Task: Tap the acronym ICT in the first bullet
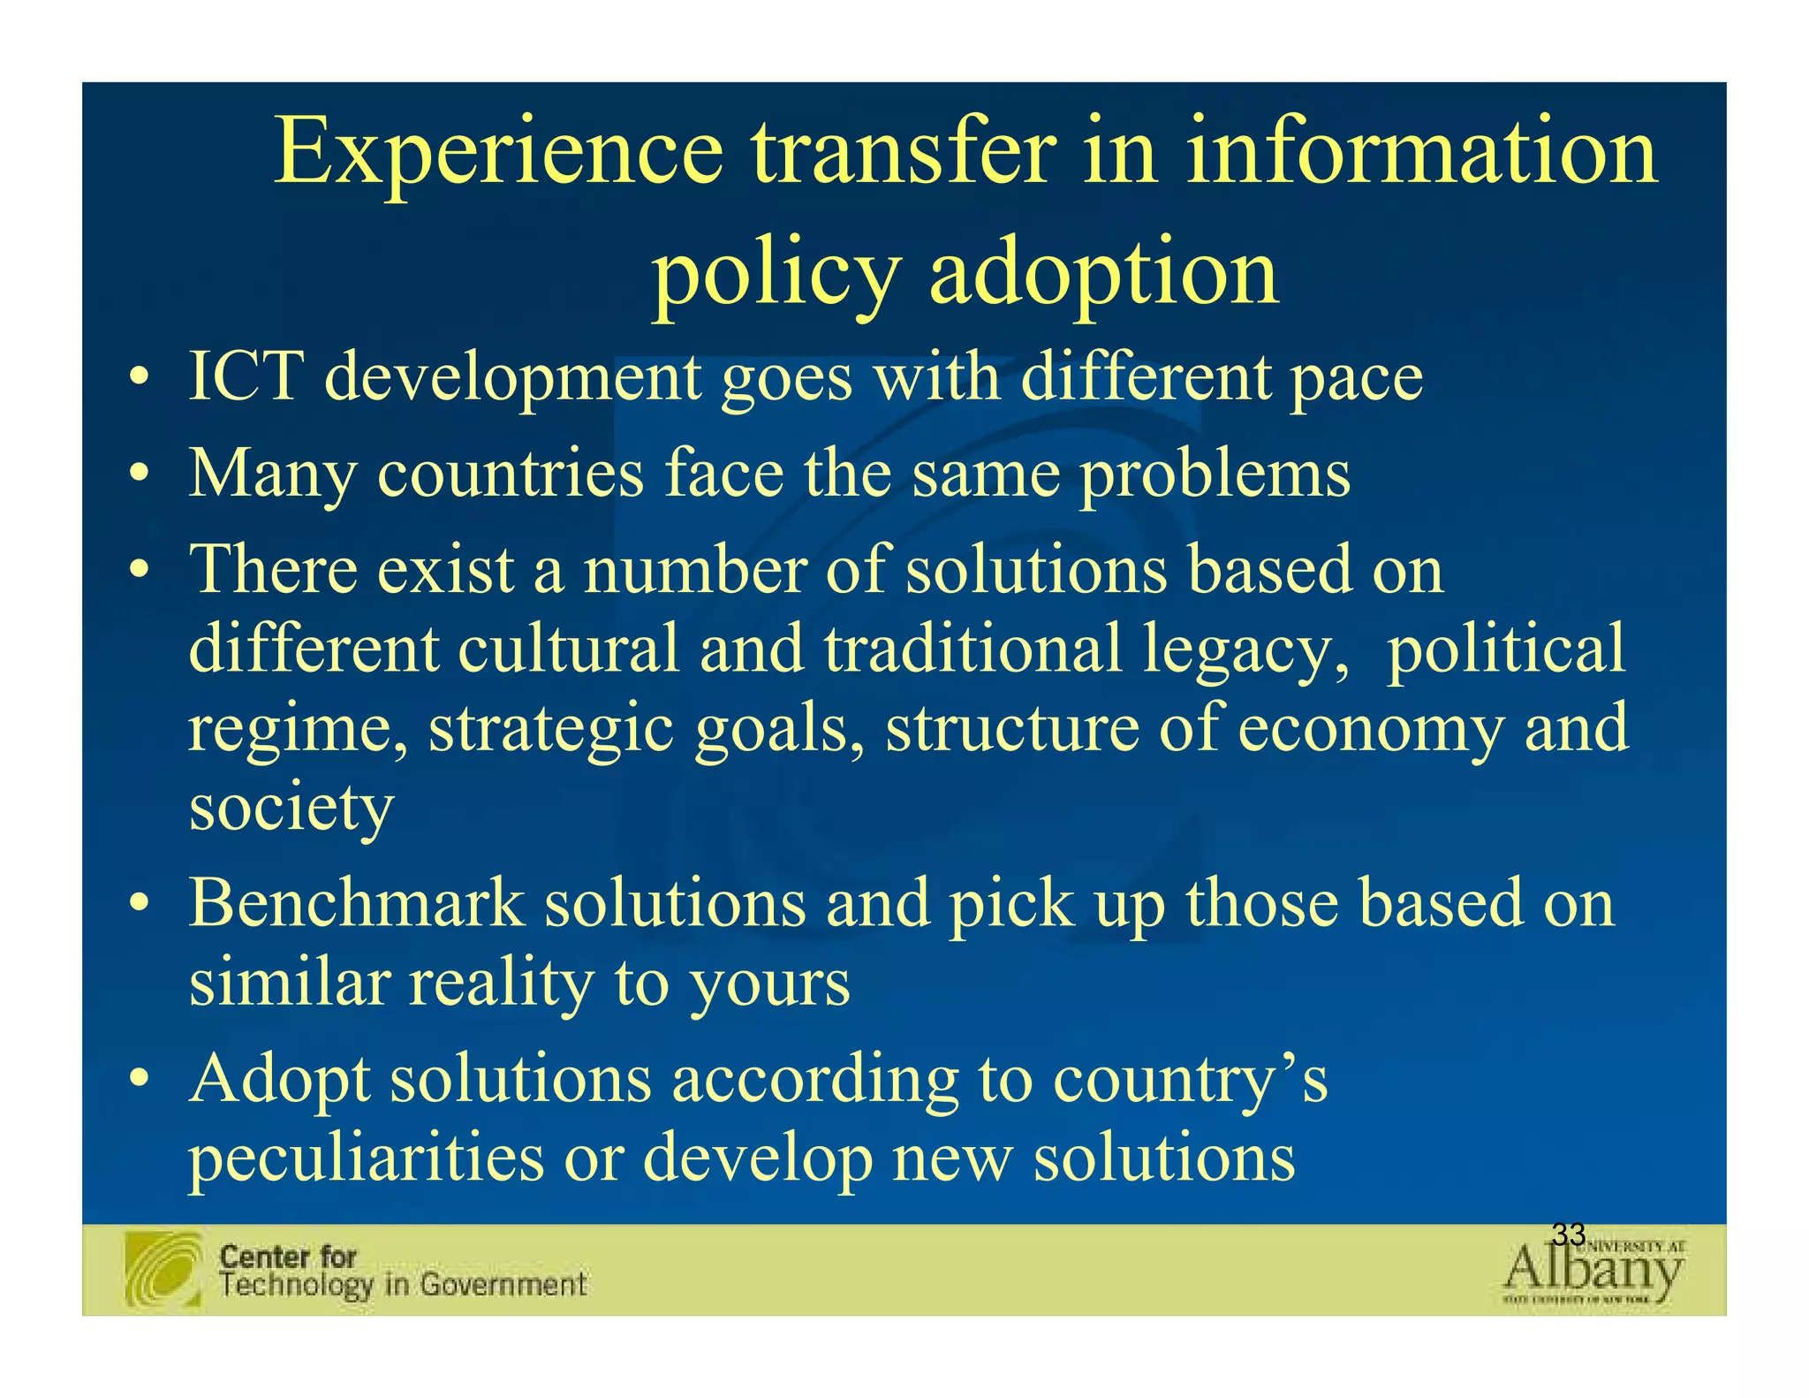(246, 377)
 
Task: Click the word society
(291, 808)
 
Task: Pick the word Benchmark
(358, 904)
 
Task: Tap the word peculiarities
(367, 1159)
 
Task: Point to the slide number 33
(1568, 1235)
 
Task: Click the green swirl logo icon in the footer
(163, 1269)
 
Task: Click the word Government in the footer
(503, 1284)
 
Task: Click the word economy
(1370, 729)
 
